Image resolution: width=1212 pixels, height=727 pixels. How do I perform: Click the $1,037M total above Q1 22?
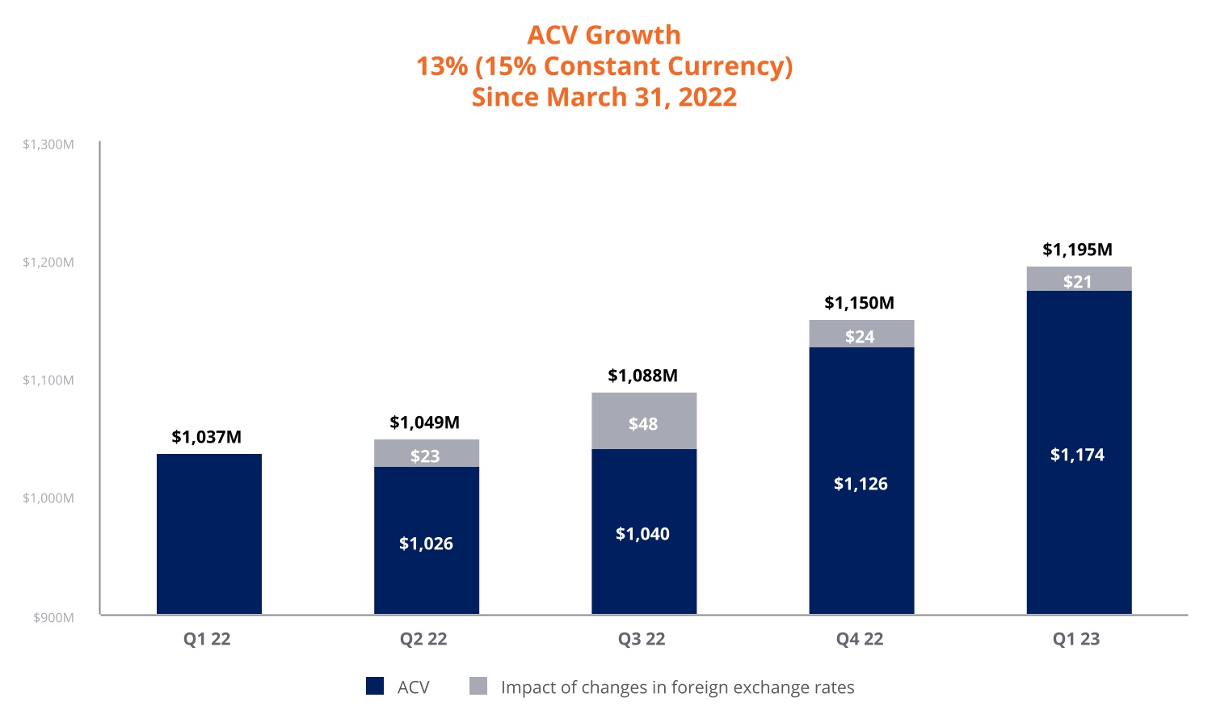coord(206,437)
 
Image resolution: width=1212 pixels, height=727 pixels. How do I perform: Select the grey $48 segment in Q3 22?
coord(643,421)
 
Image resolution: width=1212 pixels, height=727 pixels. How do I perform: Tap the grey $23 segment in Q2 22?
coord(426,454)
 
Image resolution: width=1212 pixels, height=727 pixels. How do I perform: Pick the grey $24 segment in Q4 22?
coord(861,334)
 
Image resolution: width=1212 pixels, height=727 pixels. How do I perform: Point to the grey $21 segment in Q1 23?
coord(1078,279)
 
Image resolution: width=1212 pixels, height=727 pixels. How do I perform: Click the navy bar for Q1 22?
coord(208,533)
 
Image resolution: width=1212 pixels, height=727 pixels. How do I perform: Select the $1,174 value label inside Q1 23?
coord(1077,455)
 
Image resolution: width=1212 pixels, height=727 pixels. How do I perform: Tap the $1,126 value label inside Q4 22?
coord(861,484)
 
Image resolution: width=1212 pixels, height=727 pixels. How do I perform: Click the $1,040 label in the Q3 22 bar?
coord(642,534)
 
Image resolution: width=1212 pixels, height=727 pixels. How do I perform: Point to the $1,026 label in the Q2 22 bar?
coord(426,544)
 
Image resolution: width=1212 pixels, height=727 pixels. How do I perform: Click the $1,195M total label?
coord(1077,250)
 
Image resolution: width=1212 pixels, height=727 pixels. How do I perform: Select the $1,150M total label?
coord(859,303)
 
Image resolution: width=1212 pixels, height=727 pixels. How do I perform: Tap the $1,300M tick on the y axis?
coord(48,145)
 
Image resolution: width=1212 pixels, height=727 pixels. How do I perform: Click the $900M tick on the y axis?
coord(53,618)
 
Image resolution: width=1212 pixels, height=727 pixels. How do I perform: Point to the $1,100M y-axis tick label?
coord(48,380)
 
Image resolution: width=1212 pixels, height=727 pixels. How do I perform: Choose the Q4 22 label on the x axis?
coord(860,639)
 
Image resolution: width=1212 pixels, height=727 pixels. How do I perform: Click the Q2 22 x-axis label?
coord(423,639)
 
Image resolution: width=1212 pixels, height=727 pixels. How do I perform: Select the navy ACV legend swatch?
coord(375,687)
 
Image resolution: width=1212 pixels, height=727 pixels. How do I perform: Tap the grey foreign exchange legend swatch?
coord(478,687)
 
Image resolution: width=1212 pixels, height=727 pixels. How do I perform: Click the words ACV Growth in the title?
coord(604,35)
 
